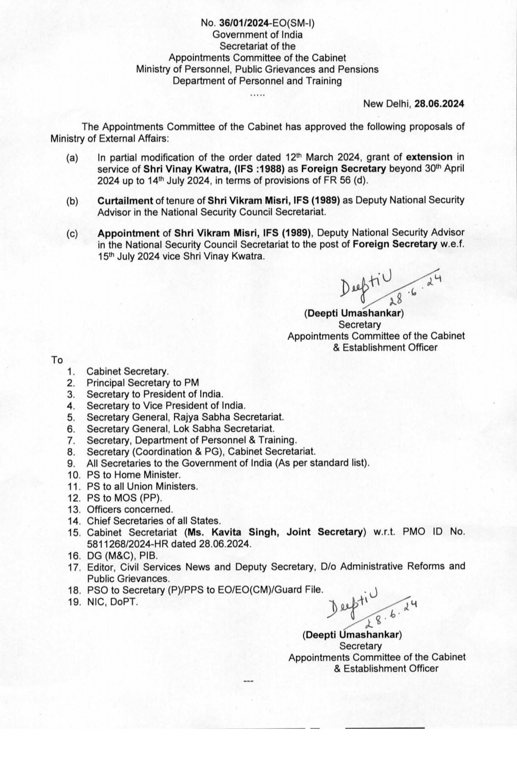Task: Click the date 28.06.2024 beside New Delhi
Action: [x=439, y=103]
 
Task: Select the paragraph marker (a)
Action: [x=72, y=158]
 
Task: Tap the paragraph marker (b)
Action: [x=72, y=200]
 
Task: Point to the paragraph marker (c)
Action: [x=72, y=233]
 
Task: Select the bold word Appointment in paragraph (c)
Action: [x=128, y=233]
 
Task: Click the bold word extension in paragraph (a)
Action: [x=429, y=157]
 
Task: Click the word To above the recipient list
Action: [x=57, y=360]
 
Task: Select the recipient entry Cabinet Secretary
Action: [x=127, y=372]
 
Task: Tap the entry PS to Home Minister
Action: [x=134, y=475]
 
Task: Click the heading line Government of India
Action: [x=258, y=34]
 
